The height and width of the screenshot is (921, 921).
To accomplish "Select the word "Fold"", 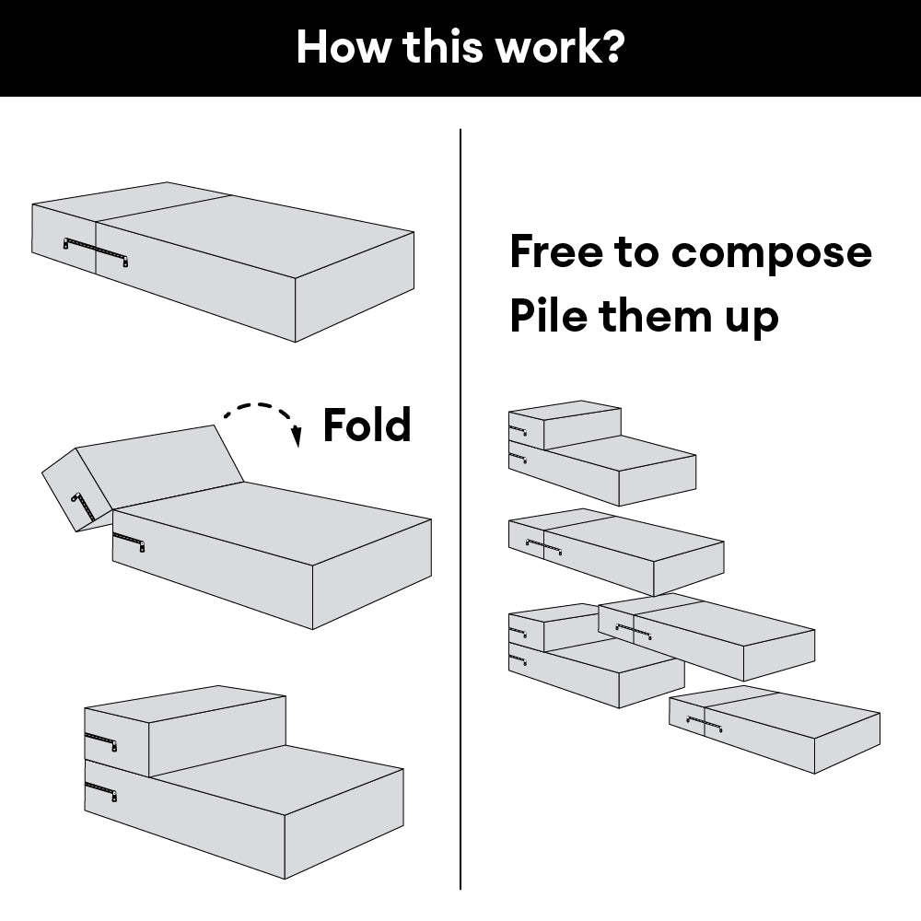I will (366, 426).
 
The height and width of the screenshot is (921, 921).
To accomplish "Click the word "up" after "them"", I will (752, 320).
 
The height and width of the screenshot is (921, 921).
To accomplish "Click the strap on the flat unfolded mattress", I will (95, 249).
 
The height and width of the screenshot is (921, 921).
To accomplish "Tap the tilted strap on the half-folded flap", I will (82, 506).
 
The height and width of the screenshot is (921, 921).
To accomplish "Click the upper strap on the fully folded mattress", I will (100, 741).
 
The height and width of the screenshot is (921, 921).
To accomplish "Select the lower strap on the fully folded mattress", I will (100, 790).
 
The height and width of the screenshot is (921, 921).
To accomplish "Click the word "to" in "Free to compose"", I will (635, 252).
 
